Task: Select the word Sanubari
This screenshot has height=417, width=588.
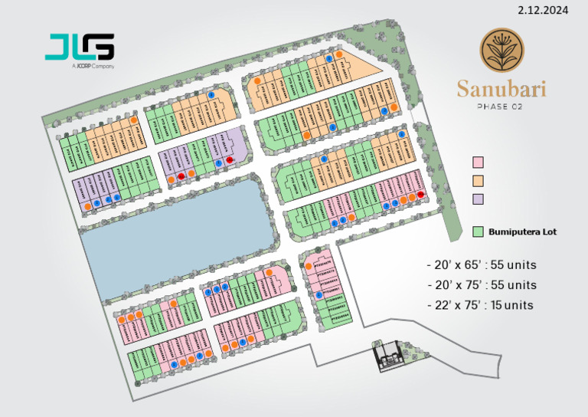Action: coord(501,89)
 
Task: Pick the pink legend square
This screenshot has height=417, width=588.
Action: coord(479,163)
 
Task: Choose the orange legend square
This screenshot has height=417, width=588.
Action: coord(479,181)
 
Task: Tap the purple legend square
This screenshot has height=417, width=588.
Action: coord(479,199)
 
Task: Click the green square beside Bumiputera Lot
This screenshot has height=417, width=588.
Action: coord(479,231)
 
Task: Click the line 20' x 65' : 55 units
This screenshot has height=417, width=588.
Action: coord(482,265)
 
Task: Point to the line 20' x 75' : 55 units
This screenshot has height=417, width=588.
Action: coord(482,285)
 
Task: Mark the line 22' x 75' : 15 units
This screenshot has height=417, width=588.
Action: coord(480,305)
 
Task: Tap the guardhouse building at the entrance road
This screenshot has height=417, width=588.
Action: coord(389,355)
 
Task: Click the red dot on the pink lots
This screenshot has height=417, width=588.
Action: coord(420,195)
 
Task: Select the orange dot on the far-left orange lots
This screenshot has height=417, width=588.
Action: coord(134,120)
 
